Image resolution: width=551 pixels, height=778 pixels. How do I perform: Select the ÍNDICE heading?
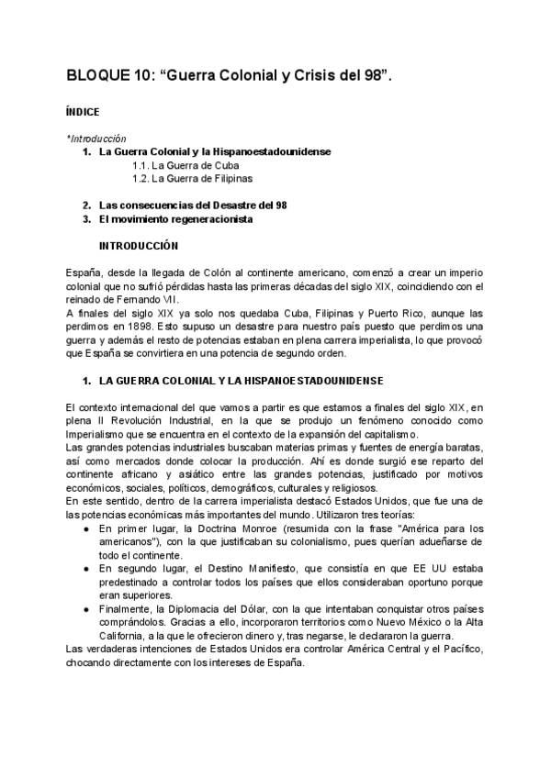(x=83, y=112)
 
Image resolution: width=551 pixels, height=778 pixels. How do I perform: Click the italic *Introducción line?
(x=96, y=139)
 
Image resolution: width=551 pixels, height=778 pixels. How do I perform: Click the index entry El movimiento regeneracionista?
(x=175, y=219)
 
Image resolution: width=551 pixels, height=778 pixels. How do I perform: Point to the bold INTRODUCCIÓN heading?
(x=139, y=246)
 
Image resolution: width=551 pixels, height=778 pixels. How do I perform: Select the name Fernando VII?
(x=153, y=300)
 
